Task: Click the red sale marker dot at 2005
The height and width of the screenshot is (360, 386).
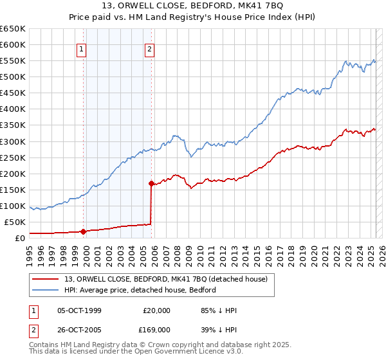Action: [x=151, y=183]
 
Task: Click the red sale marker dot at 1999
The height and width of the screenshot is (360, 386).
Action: [x=83, y=231]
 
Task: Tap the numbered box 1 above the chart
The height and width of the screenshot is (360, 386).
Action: [x=82, y=49]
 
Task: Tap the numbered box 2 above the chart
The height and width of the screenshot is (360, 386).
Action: [x=149, y=49]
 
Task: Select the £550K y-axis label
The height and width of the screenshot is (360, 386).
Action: [x=13, y=60]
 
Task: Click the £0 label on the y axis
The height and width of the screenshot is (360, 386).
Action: [x=20, y=238]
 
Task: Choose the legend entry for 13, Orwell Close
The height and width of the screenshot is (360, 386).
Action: [x=170, y=278]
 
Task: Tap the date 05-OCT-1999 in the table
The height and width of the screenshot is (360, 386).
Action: [x=79, y=310]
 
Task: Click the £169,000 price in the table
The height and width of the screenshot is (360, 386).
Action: [x=156, y=329]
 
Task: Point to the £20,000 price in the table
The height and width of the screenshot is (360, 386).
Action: [x=156, y=310]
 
